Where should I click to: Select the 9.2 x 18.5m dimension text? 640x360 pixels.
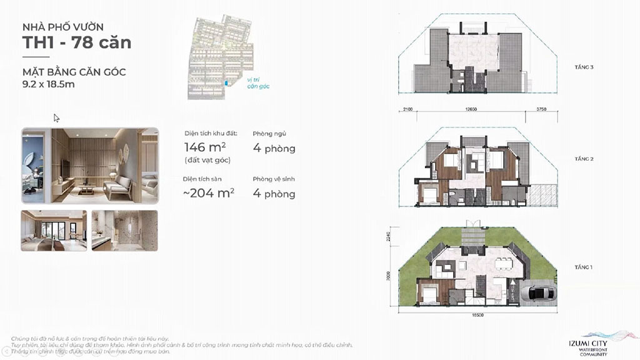(48, 84)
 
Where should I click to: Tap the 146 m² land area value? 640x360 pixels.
(205, 148)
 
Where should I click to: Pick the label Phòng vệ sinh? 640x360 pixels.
(274, 179)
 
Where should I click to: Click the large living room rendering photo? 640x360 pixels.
(90, 166)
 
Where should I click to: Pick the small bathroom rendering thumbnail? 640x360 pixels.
(124, 230)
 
